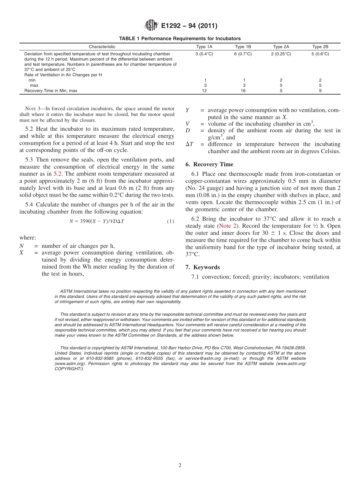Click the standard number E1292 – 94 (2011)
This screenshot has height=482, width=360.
click(189, 26)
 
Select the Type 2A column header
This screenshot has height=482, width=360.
click(281, 47)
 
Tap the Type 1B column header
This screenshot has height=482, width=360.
click(243, 47)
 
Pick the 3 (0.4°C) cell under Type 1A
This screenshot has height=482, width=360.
click(204, 54)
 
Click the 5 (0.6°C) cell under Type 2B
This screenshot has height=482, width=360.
click(320, 54)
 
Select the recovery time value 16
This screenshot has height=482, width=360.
click(243, 91)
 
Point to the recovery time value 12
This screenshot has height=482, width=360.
click(204, 91)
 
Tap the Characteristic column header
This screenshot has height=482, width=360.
click(102, 47)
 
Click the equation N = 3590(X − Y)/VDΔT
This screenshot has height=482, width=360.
click(97, 221)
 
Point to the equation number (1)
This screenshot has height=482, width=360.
click(171, 221)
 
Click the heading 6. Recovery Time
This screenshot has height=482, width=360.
click(209, 164)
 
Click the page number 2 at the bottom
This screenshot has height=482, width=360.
click(180, 466)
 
